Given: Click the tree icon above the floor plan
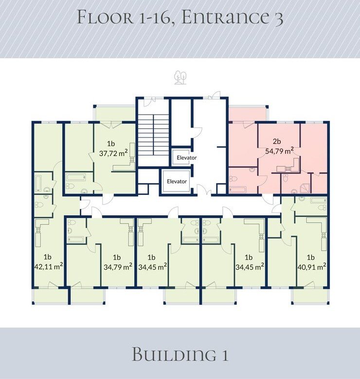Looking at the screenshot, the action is pyautogui.click(x=180, y=77).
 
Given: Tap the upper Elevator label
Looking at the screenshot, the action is pyautogui.click(x=186, y=158).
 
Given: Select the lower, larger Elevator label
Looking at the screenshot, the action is pyautogui.click(x=177, y=181).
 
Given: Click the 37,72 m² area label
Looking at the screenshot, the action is pyautogui.click(x=113, y=153).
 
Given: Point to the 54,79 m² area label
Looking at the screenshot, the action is pyautogui.click(x=279, y=151).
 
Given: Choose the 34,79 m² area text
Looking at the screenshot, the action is pyautogui.click(x=118, y=267).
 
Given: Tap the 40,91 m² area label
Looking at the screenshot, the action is pyautogui.click(x=312, y=267).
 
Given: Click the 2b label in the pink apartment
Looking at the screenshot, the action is pyautogui.click(x=277, y=141).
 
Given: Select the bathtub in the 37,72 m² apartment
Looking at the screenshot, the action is pyautogui.click(x=76, y=177).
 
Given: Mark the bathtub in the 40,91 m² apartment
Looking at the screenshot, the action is pyautogui.click(x=318, y=200).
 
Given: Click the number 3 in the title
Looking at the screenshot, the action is pyautogui.click(x=279, y=18).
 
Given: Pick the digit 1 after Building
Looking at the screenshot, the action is pyautogui.click(x=225, y=355).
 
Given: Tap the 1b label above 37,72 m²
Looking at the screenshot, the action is pyautogui.click(x=111, y=143).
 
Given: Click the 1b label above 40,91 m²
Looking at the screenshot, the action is pyautogui.click(x=311, y=257).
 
